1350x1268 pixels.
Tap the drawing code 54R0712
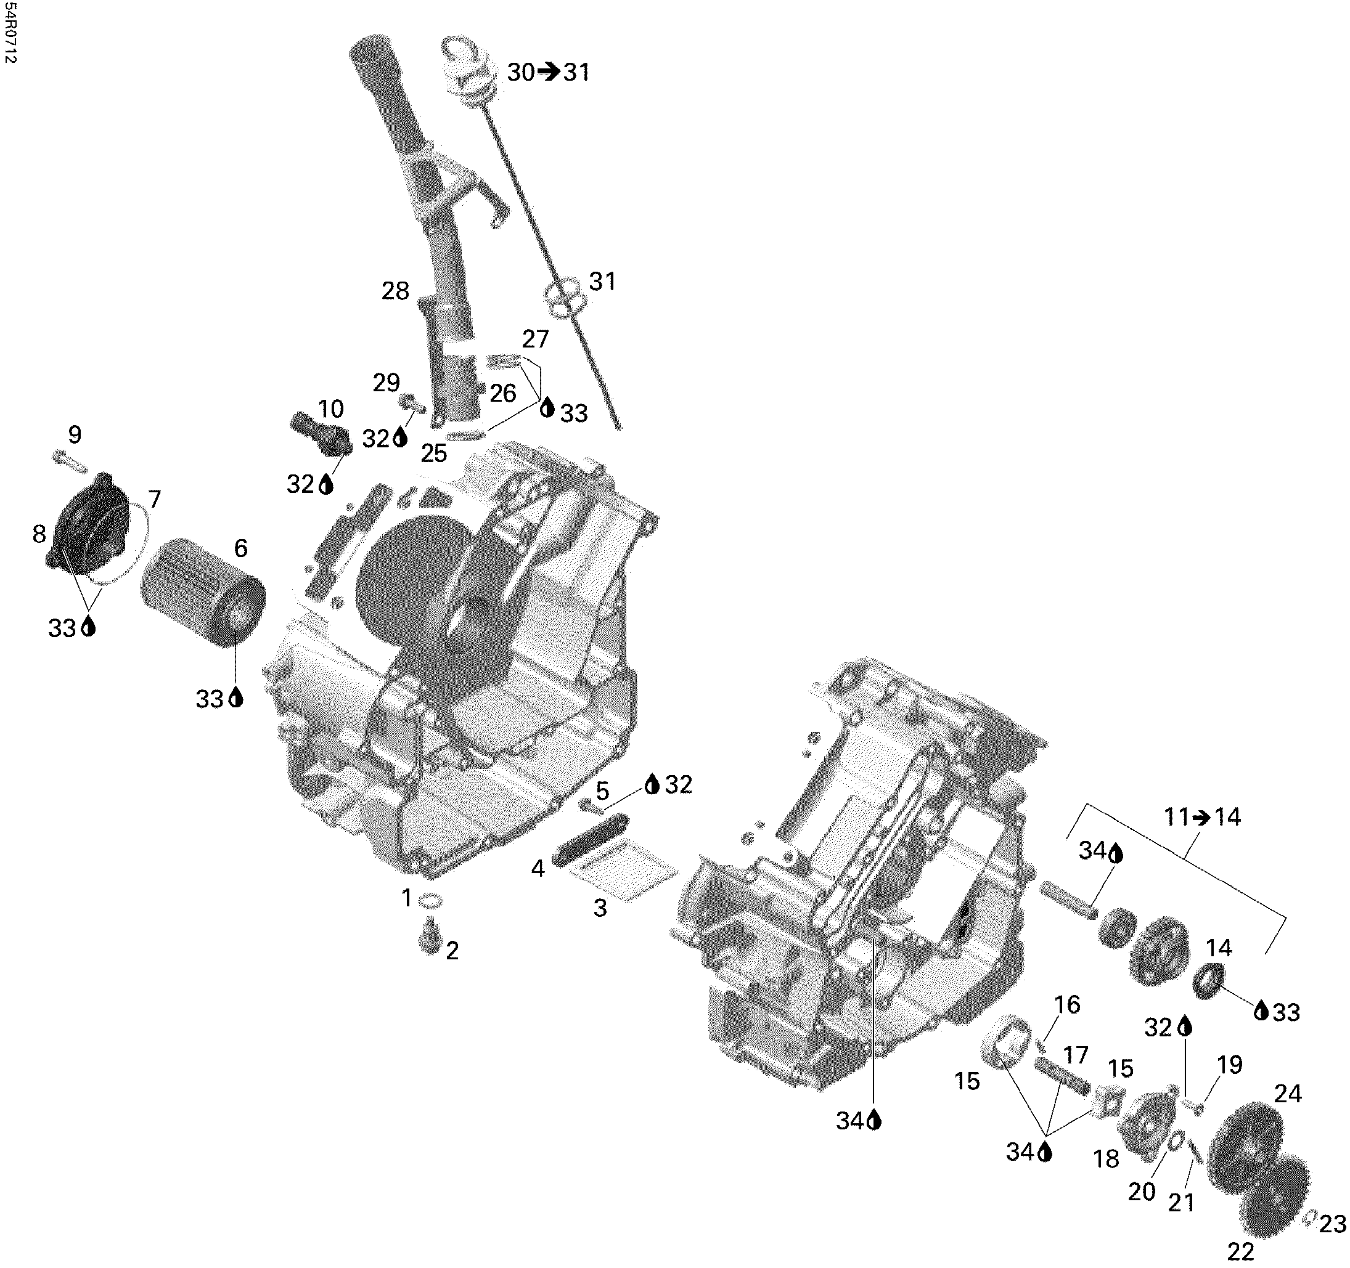point(9,33)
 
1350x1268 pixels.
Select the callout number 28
point(395,291)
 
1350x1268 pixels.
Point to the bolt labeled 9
point(69,461)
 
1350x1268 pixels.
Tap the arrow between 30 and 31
point(548,71)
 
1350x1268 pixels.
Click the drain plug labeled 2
point(430,940)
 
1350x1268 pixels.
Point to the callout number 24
point(1288,1094)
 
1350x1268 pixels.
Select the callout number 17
point(1075,1055)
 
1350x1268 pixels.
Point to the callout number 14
point(1218,947)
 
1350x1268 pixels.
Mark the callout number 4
point(538,868)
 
